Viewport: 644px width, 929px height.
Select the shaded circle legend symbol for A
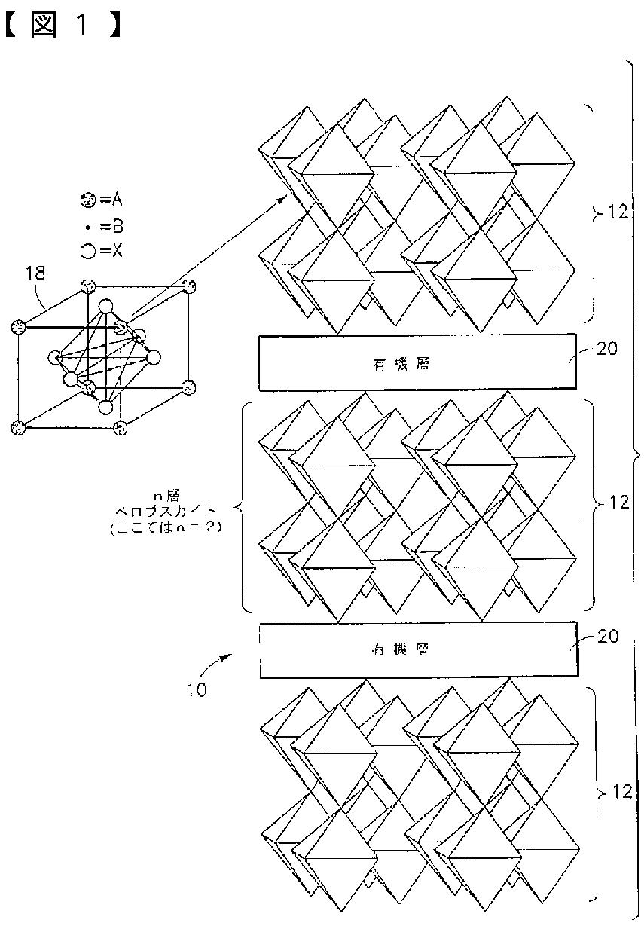point(88,200)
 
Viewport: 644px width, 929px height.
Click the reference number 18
point(35,273)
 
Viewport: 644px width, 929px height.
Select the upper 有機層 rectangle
point(416,363)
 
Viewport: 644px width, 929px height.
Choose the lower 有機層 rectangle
point(418,649)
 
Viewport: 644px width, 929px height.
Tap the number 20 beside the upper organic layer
point(606,349)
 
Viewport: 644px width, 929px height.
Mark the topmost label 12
point(618,214)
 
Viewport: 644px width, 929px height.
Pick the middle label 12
point(618,503)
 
